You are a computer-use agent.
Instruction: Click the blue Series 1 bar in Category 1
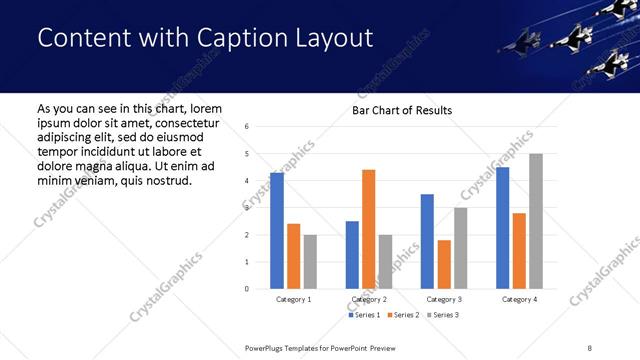tap(277, 231)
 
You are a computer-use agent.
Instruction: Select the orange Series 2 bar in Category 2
tap(368, 229)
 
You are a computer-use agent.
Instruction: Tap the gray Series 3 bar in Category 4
tap(536, 221)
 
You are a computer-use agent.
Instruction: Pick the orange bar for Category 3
tap(444, 264)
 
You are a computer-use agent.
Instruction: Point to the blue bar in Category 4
tap(502, 228)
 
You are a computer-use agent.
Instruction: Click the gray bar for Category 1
tap(310, 262)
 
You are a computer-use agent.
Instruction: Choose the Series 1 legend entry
tap(365, 315)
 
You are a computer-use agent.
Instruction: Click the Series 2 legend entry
tap(402, 315)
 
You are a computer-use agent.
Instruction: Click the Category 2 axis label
tap(369, 299)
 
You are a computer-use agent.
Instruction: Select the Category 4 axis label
tap(519, 299)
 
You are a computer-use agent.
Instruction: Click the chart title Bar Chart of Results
tap(402, 110)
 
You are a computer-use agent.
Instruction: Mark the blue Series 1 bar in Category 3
tap(427, 241)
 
